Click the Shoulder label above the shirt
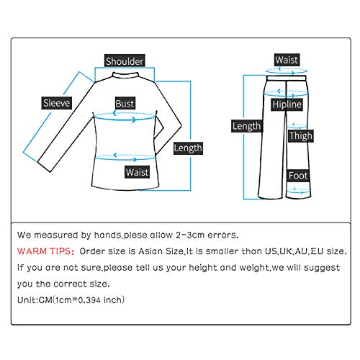coord(125,61)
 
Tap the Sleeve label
coord(57,103)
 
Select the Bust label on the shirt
coord(125,104)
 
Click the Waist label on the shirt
coord(137,172)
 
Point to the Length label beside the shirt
coord(188,148)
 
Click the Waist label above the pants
coord(287,60)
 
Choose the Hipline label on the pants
coord(287,104)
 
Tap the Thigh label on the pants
coord(300,136)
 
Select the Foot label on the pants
coord(298,176)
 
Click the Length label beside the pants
coord(246,126)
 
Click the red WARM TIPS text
coord(45,251)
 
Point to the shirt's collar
coord(125,75)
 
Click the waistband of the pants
coord(286,78)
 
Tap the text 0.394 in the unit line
coord(89,300)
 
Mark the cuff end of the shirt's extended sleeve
coord(44,166)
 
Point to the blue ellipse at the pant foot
coord(298,191)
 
